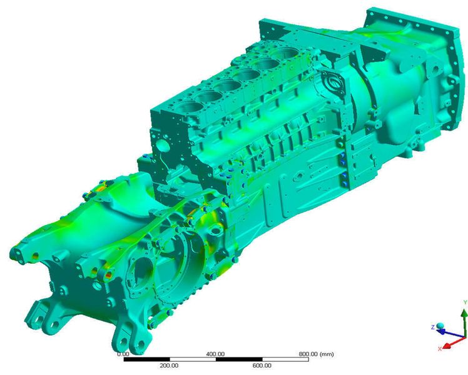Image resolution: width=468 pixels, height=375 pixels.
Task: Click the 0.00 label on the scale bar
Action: pyautogui.click(x=123, y=354)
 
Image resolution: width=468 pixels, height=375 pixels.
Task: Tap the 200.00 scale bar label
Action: pyautogui.click(x=169, y=366)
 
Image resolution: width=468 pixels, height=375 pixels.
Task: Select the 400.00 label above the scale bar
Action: pyautogui.click(x=215, y=354)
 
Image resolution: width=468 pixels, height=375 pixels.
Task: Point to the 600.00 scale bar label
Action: pyautogui.click(x=262, y=366)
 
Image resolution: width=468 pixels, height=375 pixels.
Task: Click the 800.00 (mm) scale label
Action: pyautogui.click(x=316, y=354)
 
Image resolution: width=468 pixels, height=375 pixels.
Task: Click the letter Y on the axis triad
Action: pyautogui.click(x=465, y=302)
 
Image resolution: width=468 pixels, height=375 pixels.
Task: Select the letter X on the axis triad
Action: pyautogui.click(x=440, y=349)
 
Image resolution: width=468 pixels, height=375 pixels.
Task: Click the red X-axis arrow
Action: pyautogui.click(x=454, y=342)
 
